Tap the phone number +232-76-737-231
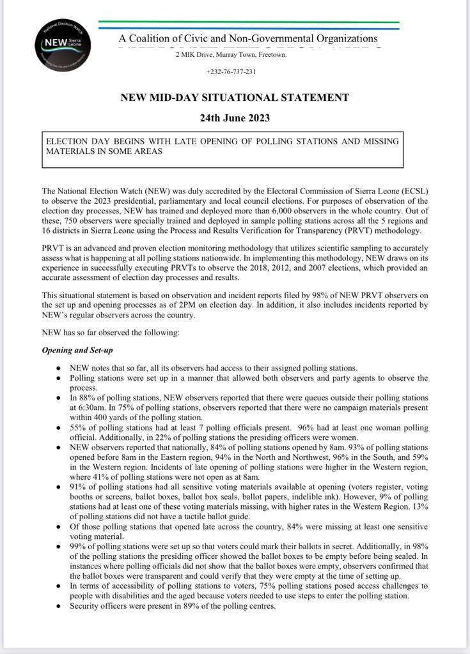231,72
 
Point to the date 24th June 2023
235,118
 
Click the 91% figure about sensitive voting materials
79,487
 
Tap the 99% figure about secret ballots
79,547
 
